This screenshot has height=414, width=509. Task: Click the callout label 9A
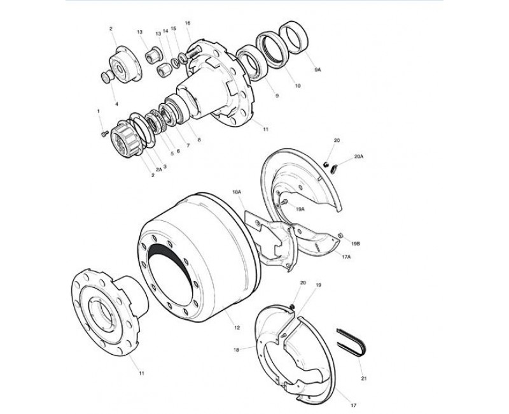[x=317, y=69]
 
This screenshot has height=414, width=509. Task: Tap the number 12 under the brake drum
[x=237, y=327]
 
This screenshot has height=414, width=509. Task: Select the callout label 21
[x=364, y=378]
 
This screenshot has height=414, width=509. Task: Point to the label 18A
[x=237, y=192]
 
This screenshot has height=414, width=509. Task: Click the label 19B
[x=356, y=243]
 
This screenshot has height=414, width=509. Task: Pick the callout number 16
[x=188, y=23]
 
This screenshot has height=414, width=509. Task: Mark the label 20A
[x=359, y=156]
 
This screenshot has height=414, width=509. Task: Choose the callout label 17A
[x=346, y=257]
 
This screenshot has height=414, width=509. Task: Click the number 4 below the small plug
[x=117, y=104]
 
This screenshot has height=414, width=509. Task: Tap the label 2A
[x=158, y=169]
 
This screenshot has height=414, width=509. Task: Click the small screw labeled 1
[x=104, y=133]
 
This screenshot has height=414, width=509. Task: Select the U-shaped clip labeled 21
[x=351, y=343]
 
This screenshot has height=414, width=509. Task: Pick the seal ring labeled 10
[x=272, y=50]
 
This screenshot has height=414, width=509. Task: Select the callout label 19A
[x=300, y=209]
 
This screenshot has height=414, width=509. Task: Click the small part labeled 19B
[x=341, y=235]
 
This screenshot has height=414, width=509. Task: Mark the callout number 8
[x=199, y=140]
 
